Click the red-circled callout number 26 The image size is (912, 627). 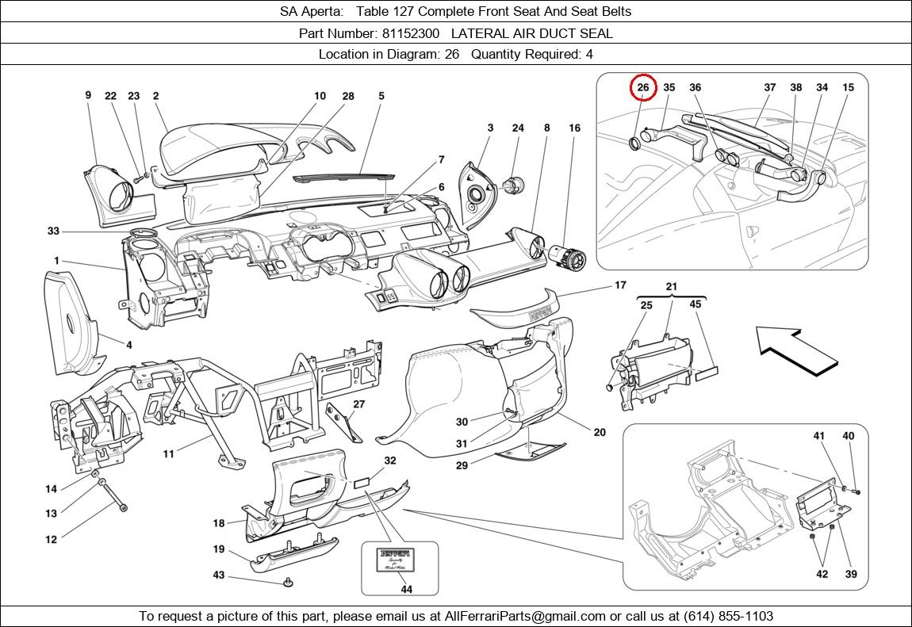(643, 87)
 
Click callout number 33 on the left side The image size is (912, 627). (53, 231)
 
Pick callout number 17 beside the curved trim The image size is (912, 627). (620, 285)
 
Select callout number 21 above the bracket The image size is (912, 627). (671, 286)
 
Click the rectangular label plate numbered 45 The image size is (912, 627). (707, 370)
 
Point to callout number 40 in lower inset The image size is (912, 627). (848, 436)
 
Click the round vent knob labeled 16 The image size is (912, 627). (565, 254)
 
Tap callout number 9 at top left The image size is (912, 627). (88, 95)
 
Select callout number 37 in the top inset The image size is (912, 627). (769, 87)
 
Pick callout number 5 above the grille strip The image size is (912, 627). (381, 96)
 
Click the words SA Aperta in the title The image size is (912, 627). (311, 11)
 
